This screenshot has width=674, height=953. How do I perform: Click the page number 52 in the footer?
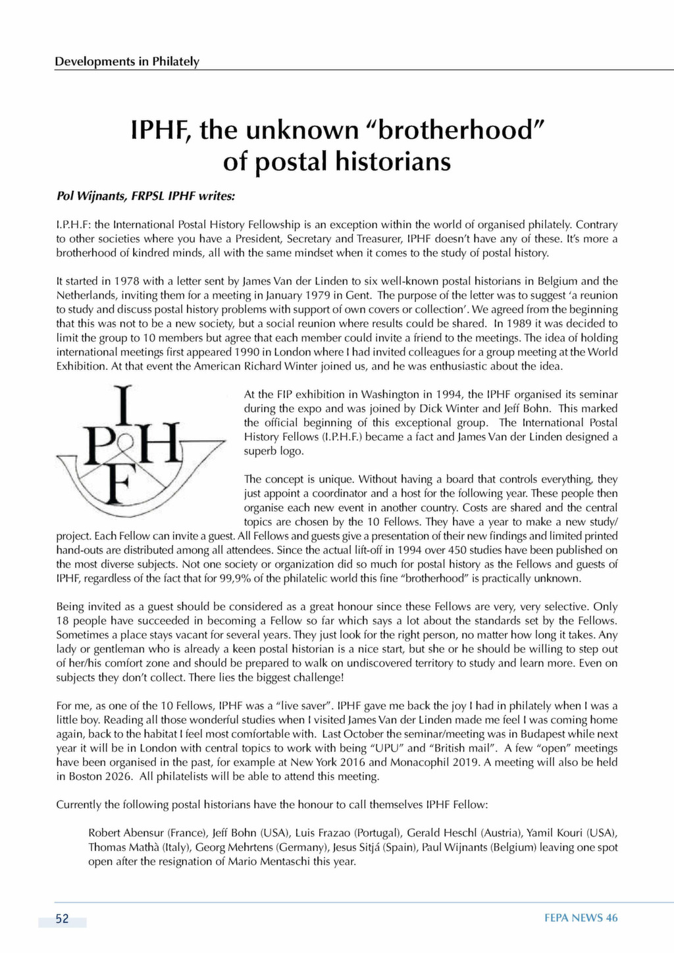tap(63, 919)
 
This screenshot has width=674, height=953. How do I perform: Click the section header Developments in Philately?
tap(126, 62)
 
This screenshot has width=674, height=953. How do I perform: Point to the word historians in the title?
tap(387, 162)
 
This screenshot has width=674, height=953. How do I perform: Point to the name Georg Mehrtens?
tap(228, 848)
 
